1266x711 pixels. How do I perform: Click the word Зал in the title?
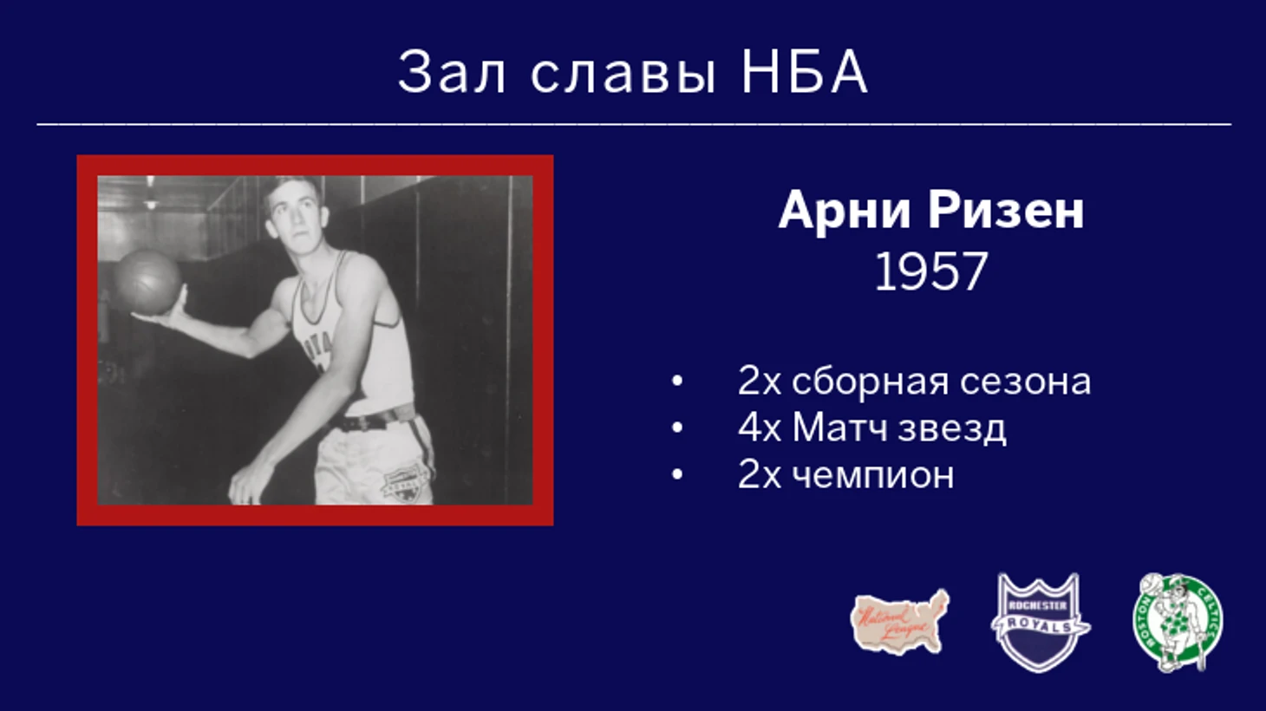(452, 72)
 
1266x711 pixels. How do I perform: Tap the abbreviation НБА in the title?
(804, 72)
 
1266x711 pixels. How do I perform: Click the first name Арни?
(845, 211)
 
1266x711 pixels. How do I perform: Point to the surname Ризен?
(1006, 210)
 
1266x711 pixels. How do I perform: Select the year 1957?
(930, 272)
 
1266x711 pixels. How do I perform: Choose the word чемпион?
(872, 476)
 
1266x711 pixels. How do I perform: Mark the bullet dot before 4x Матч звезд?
(677, 428)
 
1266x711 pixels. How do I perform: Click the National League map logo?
(900, 622)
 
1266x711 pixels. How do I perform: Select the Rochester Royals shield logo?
(1040, 623)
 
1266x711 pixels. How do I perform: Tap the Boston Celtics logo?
(1178, 623)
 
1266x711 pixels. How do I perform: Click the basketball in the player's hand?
(148, 282)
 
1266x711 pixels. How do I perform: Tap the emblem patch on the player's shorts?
(403, 483)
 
